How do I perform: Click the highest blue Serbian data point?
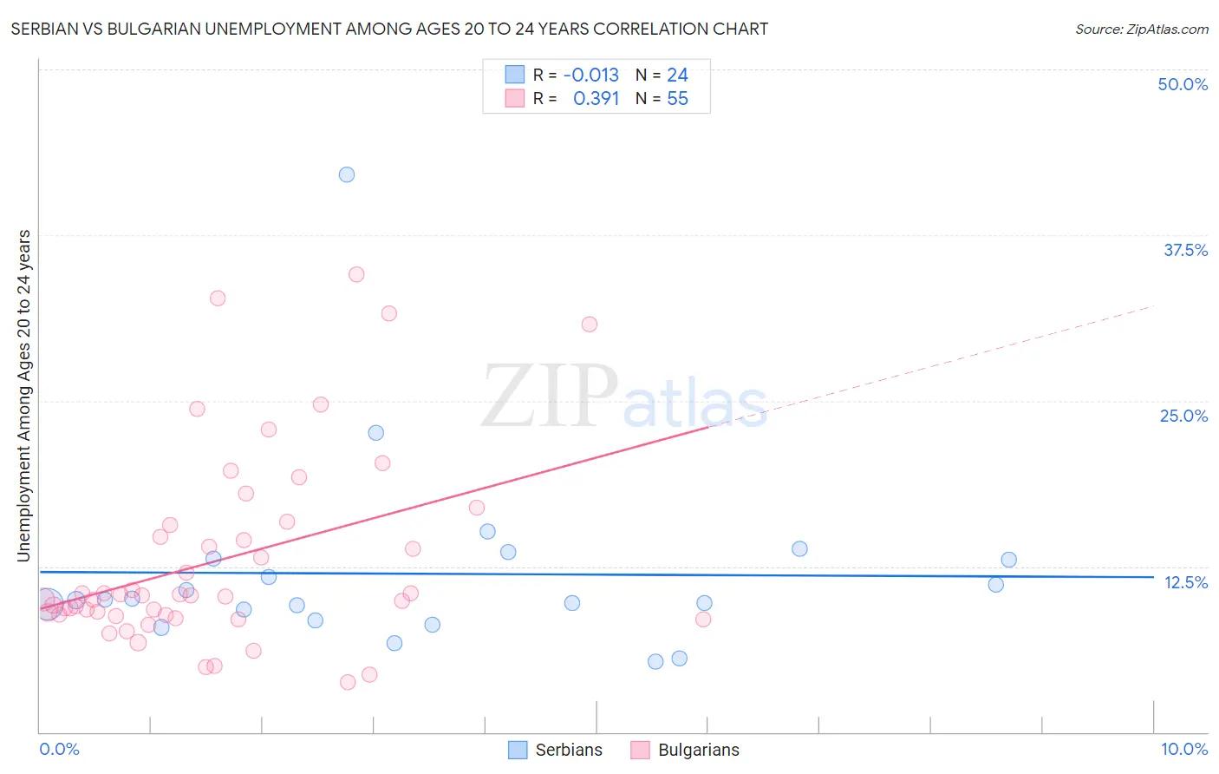tap(347, 174)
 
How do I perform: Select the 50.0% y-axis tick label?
tap(1183, 84)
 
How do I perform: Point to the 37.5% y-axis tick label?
tap(1185, 250)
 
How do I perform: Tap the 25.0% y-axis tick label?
tap(1183, 416)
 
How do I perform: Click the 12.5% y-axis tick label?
tap(1185, 581)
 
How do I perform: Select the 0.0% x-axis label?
tap(59, 749)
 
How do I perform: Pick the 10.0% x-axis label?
tap(1184, 749)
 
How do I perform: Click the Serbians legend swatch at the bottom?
tap(518, 750)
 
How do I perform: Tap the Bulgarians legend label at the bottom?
tap(699, 750)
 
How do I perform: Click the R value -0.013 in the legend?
tap(591, 75)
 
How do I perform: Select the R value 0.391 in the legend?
tap(596, 99)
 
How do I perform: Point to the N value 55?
tap(677, 99)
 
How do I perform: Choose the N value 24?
tap(677, 75)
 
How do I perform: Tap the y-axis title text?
tap(23, 396)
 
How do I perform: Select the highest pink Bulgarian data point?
tap(356, 274)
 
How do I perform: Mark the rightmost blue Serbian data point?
tap(1008, 560)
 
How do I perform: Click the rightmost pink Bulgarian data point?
tap(703, 619)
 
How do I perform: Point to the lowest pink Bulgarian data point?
tap(348, 682)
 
